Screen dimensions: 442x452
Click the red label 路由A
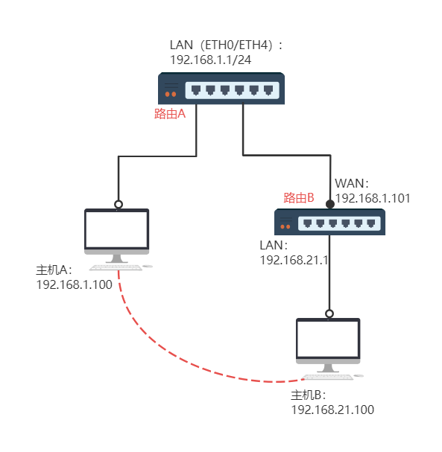170,114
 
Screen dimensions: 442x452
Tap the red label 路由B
299,198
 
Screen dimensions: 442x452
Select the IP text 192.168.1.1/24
211,60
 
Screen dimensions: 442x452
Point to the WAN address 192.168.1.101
373,198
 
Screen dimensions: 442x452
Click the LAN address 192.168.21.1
294,260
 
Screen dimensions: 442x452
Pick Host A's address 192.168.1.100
74,284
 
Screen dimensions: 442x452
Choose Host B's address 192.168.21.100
332,410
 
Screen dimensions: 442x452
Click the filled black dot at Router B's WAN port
330,204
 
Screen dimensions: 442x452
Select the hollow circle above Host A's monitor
119,204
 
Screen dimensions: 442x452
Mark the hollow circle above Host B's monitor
329,313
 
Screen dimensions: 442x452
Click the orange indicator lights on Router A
171,95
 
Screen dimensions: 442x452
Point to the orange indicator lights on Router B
285,226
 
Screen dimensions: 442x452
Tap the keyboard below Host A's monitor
116,268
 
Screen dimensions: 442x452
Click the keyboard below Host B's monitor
327,377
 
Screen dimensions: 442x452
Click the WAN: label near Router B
352,183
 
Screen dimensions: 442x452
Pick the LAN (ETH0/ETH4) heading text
226,45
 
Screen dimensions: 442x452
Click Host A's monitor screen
117,229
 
